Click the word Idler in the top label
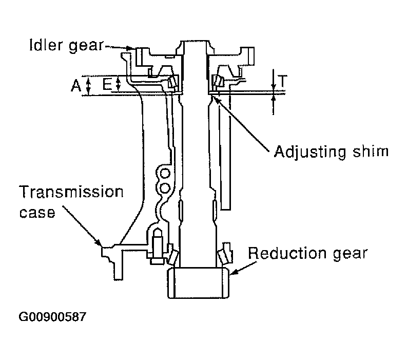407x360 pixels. tap(46, 45)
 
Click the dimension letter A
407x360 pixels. tap(76, 85)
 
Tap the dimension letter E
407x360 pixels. tap(107, 84)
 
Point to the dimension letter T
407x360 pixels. tap(282, 81)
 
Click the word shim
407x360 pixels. tap(371, 151)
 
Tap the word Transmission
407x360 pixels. tap(71, 192)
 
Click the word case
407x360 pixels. tap(37, 213)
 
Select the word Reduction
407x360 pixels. tap(287, 253)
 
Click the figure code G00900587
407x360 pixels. tap(52, 317)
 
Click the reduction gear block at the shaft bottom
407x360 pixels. tap(198, 282)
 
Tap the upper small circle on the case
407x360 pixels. tap(165, 173)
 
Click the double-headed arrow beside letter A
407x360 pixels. tap(88, 86)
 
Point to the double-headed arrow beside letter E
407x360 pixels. tap(119, 84)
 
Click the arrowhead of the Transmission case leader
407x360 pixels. tap(99, 242)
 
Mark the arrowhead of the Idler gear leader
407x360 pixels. tap(130, 48)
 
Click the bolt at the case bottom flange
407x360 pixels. tap(157, 246)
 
